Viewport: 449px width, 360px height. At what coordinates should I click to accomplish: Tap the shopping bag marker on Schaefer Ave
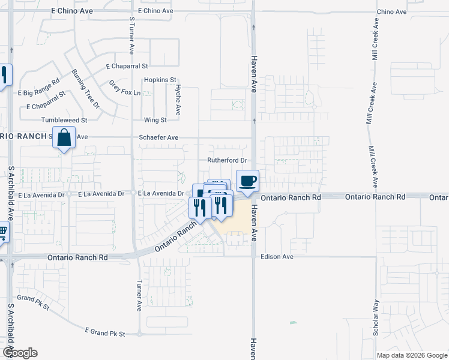click(x=64, y=138)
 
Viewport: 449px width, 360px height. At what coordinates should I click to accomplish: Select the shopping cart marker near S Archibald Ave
click(x=2, y=231)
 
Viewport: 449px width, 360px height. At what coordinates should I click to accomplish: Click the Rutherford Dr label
click(x=228, y=160)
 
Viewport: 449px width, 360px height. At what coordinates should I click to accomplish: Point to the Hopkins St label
click(x=160, y=79)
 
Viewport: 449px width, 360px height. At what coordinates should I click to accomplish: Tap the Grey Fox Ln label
click(x=124, y=88)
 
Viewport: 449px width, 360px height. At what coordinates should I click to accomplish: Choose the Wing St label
click(x=154, y=120)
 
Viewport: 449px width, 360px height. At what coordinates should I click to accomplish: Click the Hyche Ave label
click(x=178, y=100)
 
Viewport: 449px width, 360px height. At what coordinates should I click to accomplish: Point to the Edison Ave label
click(x=277, y=257)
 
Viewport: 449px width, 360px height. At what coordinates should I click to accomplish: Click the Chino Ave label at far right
click(x=392, y=11)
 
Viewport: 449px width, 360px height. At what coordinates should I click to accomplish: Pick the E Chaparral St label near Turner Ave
click(x=127, y=66)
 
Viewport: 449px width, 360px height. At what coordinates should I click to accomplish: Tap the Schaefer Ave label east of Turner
click(x=158, y=137)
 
